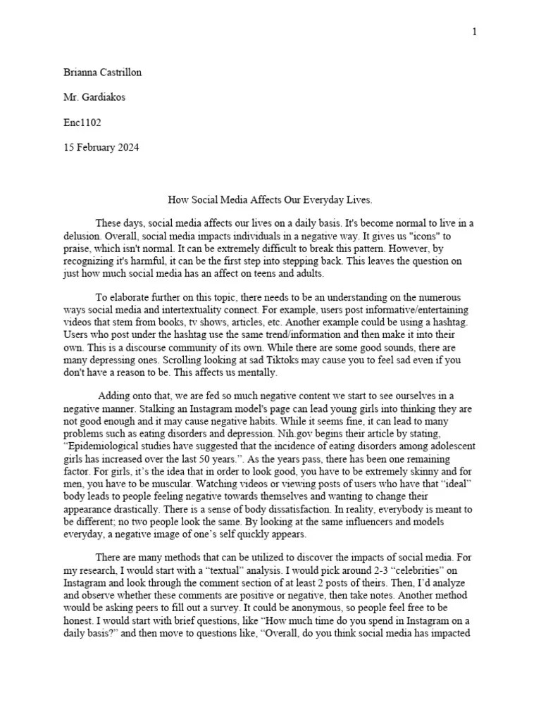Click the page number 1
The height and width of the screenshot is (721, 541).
[475, 32]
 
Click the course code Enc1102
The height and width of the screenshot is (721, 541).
[82, 123]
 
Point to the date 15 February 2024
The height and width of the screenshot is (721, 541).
[101, 147]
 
